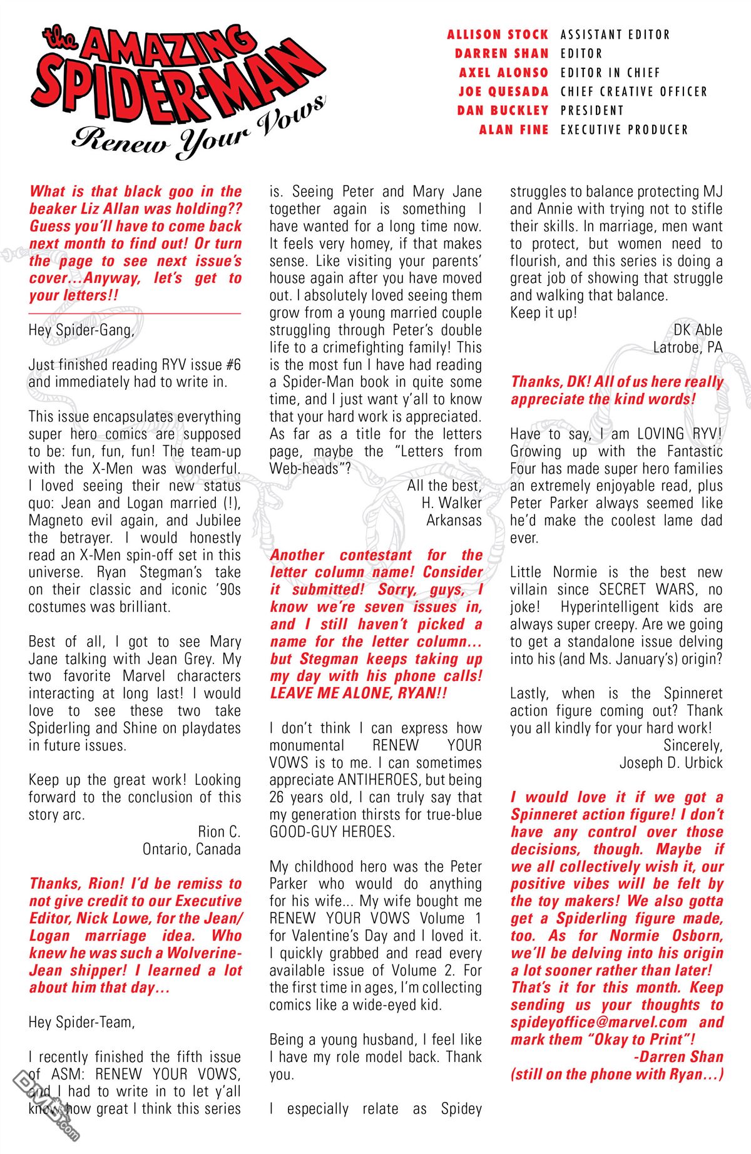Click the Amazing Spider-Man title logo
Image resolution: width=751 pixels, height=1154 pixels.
click(178, 75)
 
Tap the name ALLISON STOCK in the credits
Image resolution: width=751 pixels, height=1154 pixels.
click(498, 34)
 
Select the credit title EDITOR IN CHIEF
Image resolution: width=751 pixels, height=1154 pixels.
click(610, 73)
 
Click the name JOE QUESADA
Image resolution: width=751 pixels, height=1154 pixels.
click(503, 91)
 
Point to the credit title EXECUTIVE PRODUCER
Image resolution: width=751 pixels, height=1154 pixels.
click(624, 130)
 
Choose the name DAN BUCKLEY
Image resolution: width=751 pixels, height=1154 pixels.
click(503, 111)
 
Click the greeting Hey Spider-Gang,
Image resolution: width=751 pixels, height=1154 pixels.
click(81, 330)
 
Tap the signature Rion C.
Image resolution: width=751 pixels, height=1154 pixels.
click(219, 832)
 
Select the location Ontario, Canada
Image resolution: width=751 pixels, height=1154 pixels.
click(192, 849)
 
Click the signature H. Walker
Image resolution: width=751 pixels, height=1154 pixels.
click(452, 503)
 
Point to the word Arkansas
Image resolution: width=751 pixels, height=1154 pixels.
click(454, 520)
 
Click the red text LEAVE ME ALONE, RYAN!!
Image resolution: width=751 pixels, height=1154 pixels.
click(359, 693)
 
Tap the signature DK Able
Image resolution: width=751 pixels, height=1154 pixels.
click(698, 330)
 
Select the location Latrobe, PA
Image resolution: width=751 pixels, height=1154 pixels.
click(688, 347)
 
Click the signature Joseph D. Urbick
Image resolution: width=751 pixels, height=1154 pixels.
click(671, 763)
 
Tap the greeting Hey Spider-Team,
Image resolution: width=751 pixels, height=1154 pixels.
click(82, 1022)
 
